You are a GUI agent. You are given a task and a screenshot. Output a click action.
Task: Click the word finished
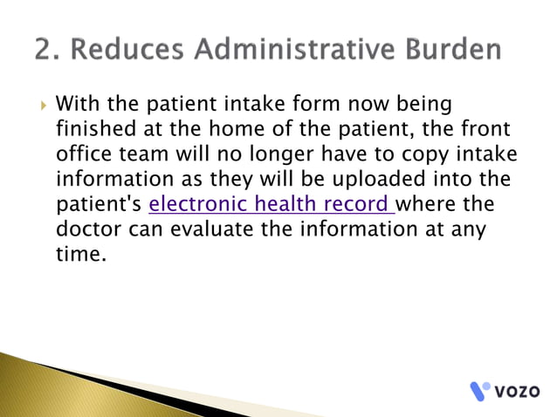95,131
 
